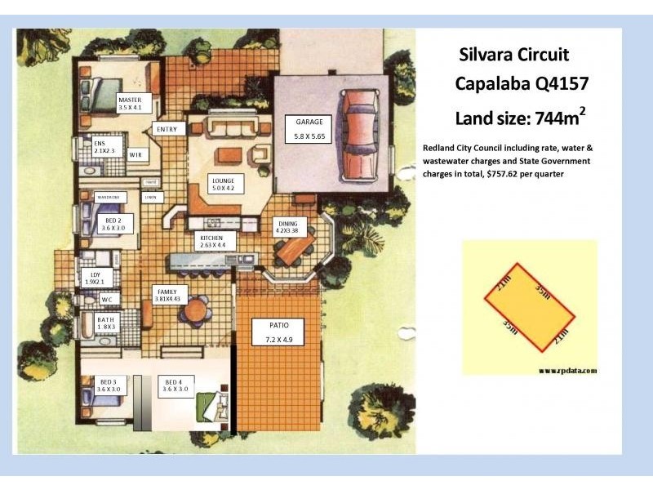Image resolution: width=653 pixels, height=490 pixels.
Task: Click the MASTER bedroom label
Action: coord(130,102)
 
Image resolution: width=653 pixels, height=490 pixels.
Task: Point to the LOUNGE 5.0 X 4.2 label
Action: coord(223,184)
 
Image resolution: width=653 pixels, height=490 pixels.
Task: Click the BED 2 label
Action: coord(113,225)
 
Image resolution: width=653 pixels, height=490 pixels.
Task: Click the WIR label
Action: coord(136,154)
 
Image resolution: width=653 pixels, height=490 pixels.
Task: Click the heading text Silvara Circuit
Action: coord(509,55)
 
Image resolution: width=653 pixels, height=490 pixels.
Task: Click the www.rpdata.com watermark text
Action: coord(567,370)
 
